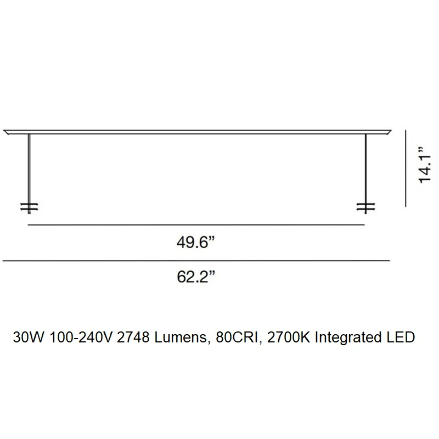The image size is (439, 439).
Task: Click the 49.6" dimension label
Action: [x=196, y=242]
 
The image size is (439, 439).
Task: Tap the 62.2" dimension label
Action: [x=196, y=277]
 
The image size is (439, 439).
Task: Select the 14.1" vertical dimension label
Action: [x=425, y=165]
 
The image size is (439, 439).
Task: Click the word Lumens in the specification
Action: [x=181, y=337]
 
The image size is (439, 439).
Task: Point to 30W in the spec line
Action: [x=29, y=337]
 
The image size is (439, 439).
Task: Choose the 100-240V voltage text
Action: [x=81, y=337]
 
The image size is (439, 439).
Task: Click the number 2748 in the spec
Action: [x=133, y=337]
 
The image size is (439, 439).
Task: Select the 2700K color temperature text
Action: [x=289, y=337]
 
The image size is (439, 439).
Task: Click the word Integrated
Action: [x=348, y=337]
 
